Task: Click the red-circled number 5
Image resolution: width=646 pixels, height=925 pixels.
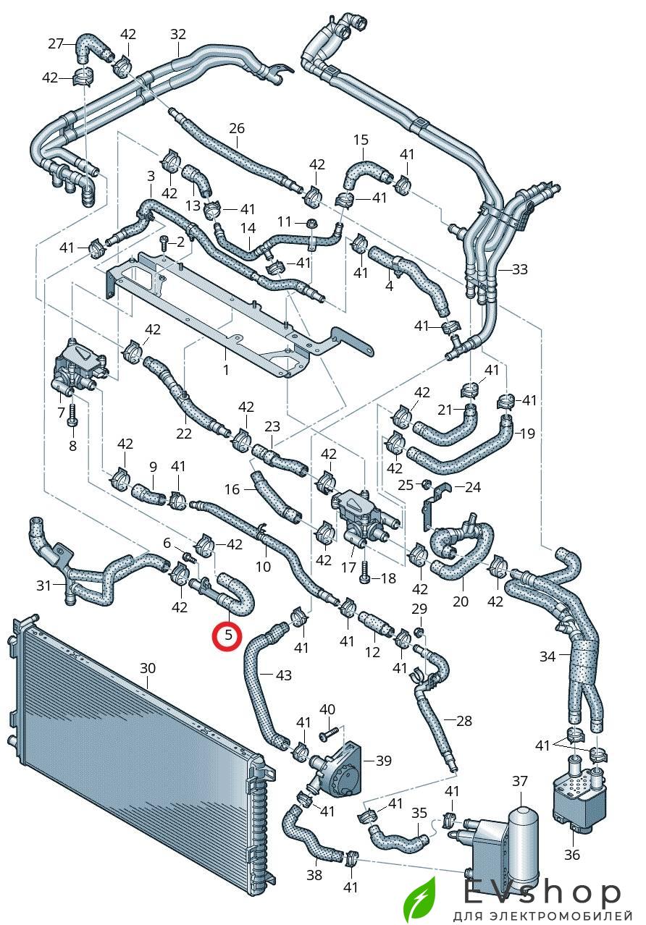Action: (228, 636)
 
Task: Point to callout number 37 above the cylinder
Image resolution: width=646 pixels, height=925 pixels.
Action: (520, 781)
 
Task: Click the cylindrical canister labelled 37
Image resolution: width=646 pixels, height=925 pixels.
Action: (521, 832)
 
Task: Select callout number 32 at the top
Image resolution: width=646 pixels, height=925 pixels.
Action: (178, 34)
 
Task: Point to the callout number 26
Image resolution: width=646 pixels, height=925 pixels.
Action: (237, 129)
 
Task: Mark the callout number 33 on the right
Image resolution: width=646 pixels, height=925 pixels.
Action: (519, 269)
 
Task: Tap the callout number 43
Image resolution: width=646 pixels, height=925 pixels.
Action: (284, 675)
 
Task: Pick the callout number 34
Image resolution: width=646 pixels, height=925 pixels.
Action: (548, 656)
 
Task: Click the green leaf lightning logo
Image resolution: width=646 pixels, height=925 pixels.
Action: (419, 898)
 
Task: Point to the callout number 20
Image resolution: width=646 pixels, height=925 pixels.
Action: (461, 601)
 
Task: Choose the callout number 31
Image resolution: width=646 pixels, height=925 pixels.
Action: (44, 585)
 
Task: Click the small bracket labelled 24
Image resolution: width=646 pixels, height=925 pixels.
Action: (436, 499)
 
